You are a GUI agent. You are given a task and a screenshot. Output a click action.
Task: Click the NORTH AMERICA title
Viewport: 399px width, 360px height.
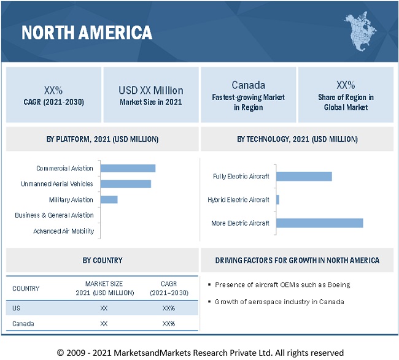87,33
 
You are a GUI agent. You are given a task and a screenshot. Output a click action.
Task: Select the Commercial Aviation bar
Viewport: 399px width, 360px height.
128,168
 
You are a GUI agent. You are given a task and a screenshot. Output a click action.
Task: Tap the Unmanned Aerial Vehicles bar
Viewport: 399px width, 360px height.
125,183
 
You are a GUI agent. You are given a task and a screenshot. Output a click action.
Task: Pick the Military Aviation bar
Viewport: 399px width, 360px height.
109,199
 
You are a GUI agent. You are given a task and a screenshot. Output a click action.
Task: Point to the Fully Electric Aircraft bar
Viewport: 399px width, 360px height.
304,177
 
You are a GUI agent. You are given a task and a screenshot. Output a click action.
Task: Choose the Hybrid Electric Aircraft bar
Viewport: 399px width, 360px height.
277,199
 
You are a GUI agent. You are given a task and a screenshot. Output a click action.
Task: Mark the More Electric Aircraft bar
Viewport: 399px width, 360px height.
319,223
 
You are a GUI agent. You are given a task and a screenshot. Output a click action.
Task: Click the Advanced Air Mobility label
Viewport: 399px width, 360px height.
64,231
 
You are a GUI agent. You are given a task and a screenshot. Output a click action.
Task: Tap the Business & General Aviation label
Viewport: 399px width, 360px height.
55,215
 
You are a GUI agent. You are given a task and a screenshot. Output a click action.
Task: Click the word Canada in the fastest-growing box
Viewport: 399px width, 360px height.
248,85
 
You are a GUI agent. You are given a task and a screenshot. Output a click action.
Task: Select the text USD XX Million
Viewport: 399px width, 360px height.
151,90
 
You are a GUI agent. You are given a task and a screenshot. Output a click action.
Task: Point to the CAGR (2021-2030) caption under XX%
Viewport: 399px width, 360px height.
54,102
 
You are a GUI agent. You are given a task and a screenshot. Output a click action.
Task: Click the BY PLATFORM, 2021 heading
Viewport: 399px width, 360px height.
103,139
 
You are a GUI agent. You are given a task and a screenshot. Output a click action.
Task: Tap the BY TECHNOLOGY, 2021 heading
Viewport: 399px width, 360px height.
297,139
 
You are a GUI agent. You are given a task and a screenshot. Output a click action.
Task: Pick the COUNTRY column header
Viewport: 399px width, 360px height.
26,288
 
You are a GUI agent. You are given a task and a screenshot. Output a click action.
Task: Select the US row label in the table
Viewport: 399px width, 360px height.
16,308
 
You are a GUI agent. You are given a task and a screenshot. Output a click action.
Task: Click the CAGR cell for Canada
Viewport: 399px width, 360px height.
169,324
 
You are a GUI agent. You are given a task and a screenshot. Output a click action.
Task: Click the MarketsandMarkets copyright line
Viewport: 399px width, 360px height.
200,352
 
